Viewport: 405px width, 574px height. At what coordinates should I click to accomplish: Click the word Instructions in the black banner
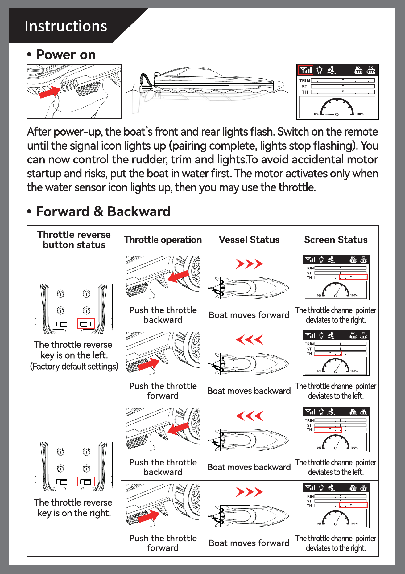click(x=66, y=26)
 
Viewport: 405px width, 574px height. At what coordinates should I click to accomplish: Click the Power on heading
click(x=66, y=55)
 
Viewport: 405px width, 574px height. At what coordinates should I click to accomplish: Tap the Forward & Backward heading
click(x=103, y=211)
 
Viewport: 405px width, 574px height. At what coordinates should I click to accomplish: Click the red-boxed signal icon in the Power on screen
click(x=306, y=70)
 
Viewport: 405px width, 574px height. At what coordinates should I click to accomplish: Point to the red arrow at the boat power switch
click(x=50, y=92)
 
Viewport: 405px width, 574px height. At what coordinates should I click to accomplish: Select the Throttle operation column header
click(x=163, y=240)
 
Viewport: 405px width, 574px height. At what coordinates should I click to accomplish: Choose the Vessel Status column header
click(x=249, y=240)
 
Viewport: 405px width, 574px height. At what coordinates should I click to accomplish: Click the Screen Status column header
click(x=336, y=240)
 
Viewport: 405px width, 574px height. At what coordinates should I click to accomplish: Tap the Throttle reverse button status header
click(x=74, y=240)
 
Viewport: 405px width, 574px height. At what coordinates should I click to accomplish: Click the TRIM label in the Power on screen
click(x=305, y=80)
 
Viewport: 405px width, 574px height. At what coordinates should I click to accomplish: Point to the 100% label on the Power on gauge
click(x=359, y=114)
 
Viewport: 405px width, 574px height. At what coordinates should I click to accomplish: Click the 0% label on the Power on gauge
click(x=317, y=114)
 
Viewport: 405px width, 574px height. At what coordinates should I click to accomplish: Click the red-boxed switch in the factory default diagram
click(x=86, y=324)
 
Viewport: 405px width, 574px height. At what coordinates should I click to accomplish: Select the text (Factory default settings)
click(x=74, y=366)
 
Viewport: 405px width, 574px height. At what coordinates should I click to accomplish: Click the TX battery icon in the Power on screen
click(x=371, y=70)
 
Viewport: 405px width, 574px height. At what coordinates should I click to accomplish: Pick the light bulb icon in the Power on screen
click(x=320, y=70)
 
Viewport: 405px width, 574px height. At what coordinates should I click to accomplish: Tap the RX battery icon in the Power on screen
click(x=358, y=70)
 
